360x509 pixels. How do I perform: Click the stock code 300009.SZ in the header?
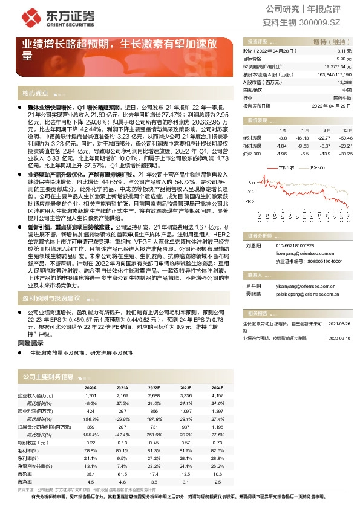pos(327,22)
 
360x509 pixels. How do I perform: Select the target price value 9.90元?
pos(344,59)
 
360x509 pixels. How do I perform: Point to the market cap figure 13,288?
pos(343,82)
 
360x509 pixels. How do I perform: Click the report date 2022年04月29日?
pos(331,105)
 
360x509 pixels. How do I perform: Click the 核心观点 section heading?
pos(35,93)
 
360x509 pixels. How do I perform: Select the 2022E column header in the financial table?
pos(153,388)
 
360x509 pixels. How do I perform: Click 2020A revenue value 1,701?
pos(91,395)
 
